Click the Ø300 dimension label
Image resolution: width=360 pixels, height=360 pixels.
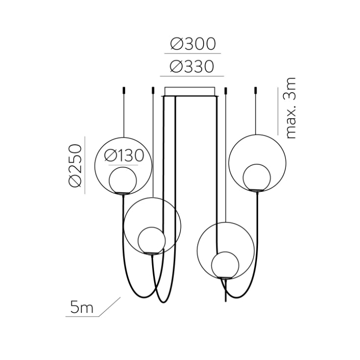(x=193, y=44)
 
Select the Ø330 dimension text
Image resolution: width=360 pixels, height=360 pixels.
(x=192, y=66)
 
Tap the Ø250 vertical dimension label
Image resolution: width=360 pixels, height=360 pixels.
(x=75, y=165)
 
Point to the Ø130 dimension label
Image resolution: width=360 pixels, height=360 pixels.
(x=125, y=156)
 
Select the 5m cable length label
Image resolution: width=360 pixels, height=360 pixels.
(x=81, y=308)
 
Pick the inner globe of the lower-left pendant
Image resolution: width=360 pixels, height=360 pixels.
(x=151, y=240)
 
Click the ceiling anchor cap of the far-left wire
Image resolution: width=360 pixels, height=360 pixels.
(x=124, y=91)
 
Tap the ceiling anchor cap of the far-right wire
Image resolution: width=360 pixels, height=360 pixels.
(x=256, y=91)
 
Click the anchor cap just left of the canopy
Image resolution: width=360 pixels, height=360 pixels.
(x=154, y=91)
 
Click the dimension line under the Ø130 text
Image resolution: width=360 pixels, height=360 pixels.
(x=125, y=165)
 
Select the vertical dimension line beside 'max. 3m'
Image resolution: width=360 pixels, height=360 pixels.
(x=278, y=110)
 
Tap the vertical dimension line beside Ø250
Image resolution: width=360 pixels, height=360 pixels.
(x=85, y=165)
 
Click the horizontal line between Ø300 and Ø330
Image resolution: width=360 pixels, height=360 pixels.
(x=192, y=53)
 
